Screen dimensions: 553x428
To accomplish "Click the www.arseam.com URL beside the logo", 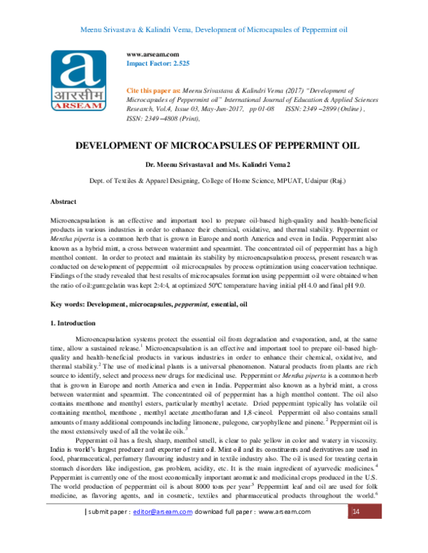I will [152, 54].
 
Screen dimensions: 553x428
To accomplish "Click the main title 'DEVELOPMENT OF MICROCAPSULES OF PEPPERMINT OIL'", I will [213, 145].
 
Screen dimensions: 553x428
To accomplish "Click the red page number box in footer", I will [356, 532].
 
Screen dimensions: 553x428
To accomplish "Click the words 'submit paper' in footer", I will [109, 532].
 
